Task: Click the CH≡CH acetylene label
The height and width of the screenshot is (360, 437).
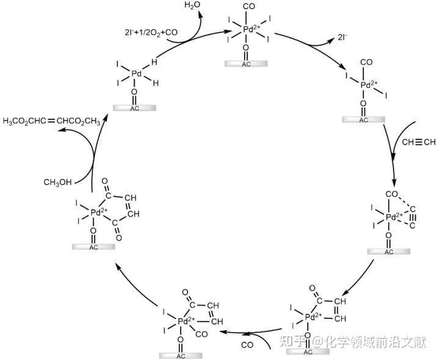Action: pos(418,143)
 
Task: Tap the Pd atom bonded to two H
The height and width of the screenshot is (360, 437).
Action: pos(136,74)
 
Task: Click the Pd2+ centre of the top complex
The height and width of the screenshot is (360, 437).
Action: pos(247,29)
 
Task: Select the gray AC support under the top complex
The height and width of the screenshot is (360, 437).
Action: pos(246,63)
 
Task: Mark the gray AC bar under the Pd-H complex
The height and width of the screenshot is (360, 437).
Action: pos(135,108)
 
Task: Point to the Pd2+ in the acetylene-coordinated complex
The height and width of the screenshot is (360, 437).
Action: pos(394,217)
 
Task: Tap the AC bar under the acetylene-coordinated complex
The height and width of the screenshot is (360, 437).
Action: pos(388,251)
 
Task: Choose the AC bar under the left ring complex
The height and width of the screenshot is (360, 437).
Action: pos(93,247)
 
